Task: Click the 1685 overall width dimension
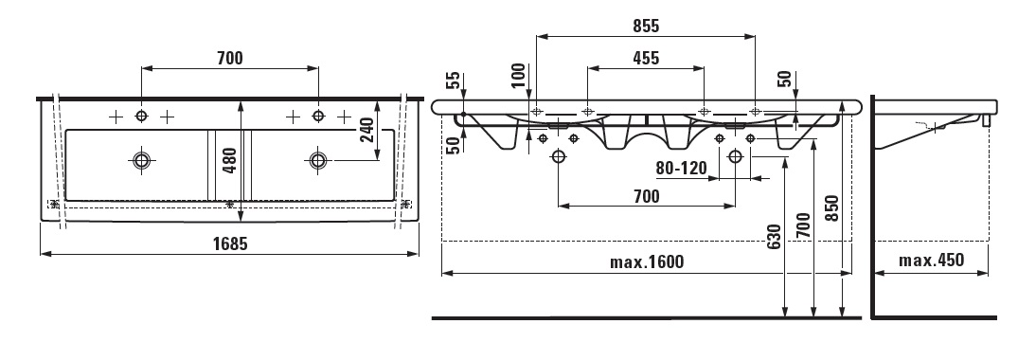[230, 243]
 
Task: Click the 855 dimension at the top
[645, 26]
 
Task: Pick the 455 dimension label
[645, 59]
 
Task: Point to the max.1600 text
[647, 261]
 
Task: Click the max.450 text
[931, 261]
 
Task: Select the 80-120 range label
[681, 169]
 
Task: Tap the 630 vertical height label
[773, 238]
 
